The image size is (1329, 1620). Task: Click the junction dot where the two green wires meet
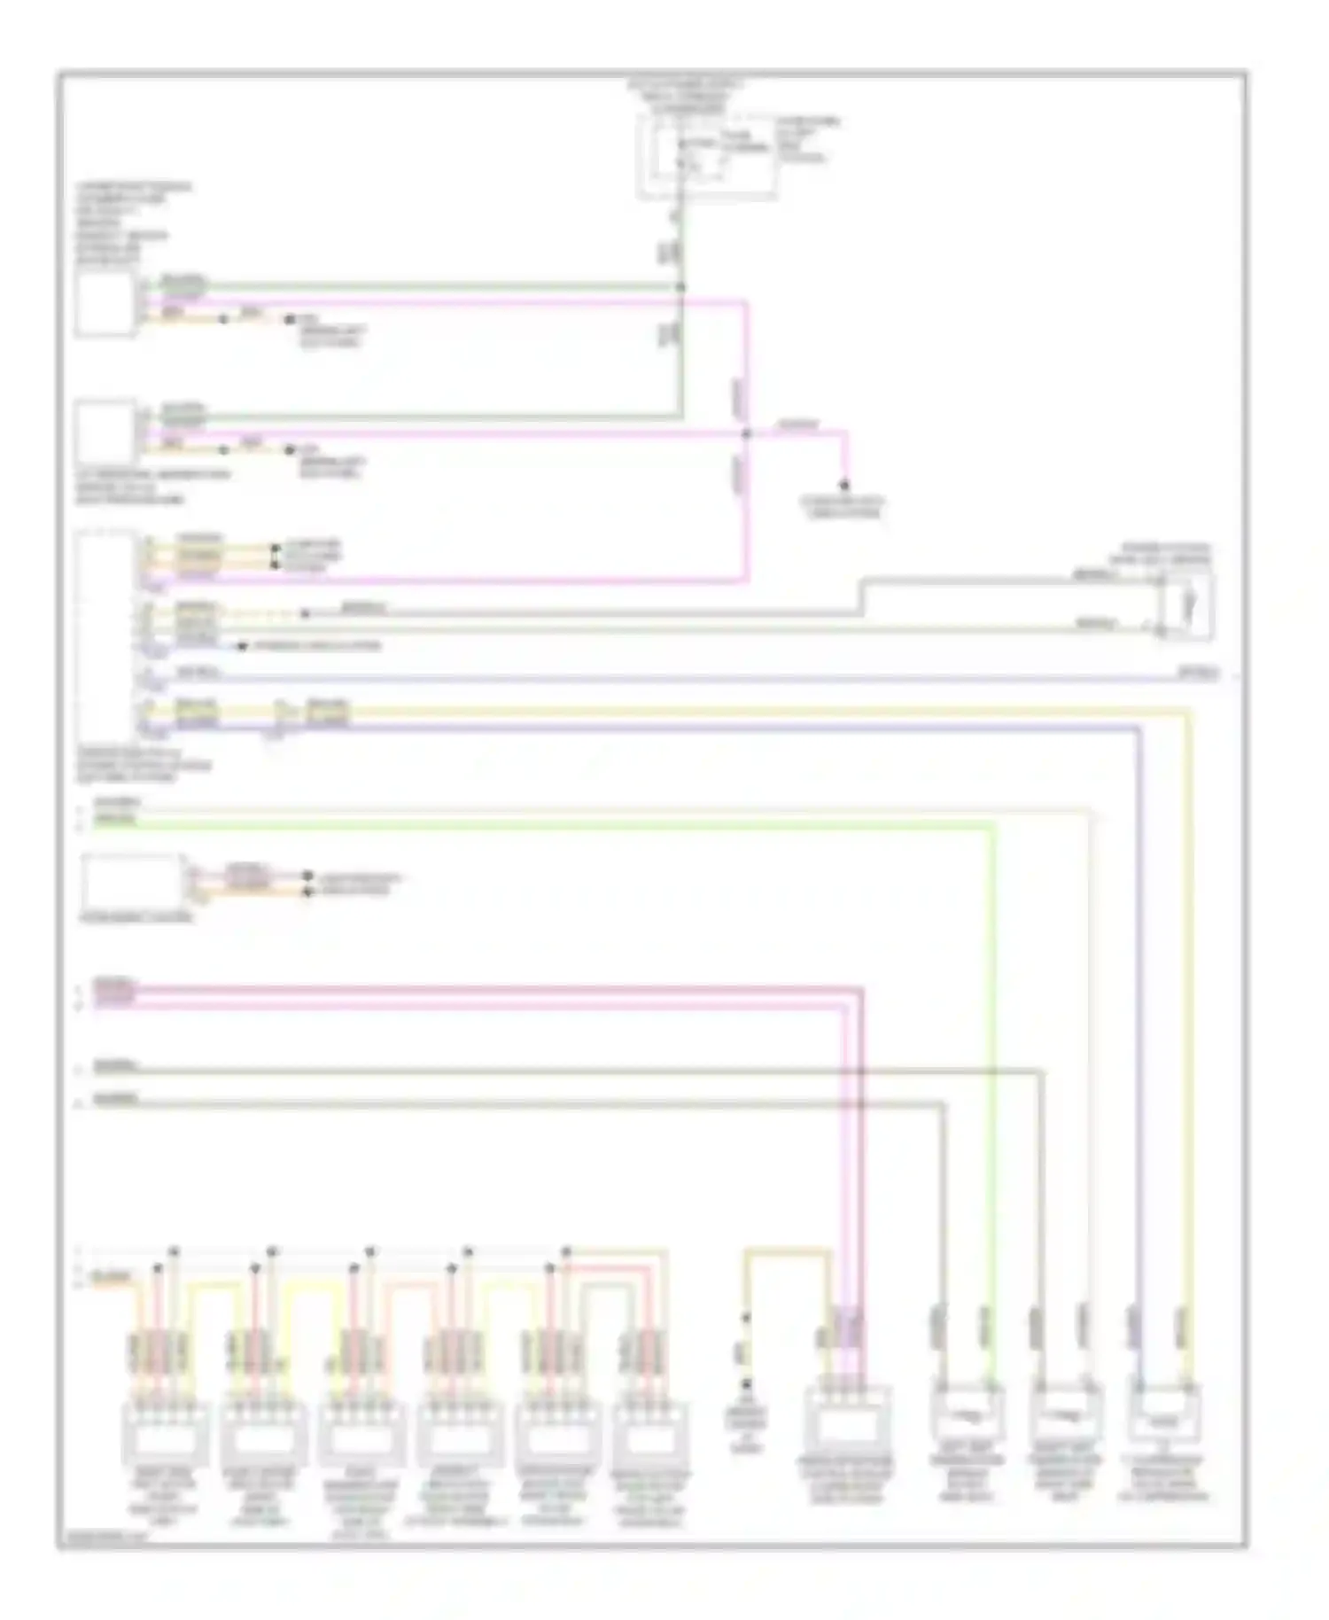pyautogui.click(x=681, y=286)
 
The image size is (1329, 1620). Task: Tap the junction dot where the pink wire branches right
pyautogui.click(x=746, y=433)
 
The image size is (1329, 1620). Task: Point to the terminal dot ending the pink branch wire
pyautogui.click(x=844, y=485)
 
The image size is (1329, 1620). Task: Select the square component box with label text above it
pyautogui.click(x=105, y=304)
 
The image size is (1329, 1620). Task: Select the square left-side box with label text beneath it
pyautogui.click(x=105, y=433)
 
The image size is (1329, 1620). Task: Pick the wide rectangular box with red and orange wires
pyautogui.click(x=130, y=878)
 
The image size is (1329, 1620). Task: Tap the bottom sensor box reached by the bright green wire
pyautogui.click(x=967, y=1414)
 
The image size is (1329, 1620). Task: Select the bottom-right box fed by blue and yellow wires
pyautogui.click(x=1163, y=1414)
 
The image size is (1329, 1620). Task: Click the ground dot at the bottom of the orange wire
pyautogui.click(x=746, y=1385)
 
